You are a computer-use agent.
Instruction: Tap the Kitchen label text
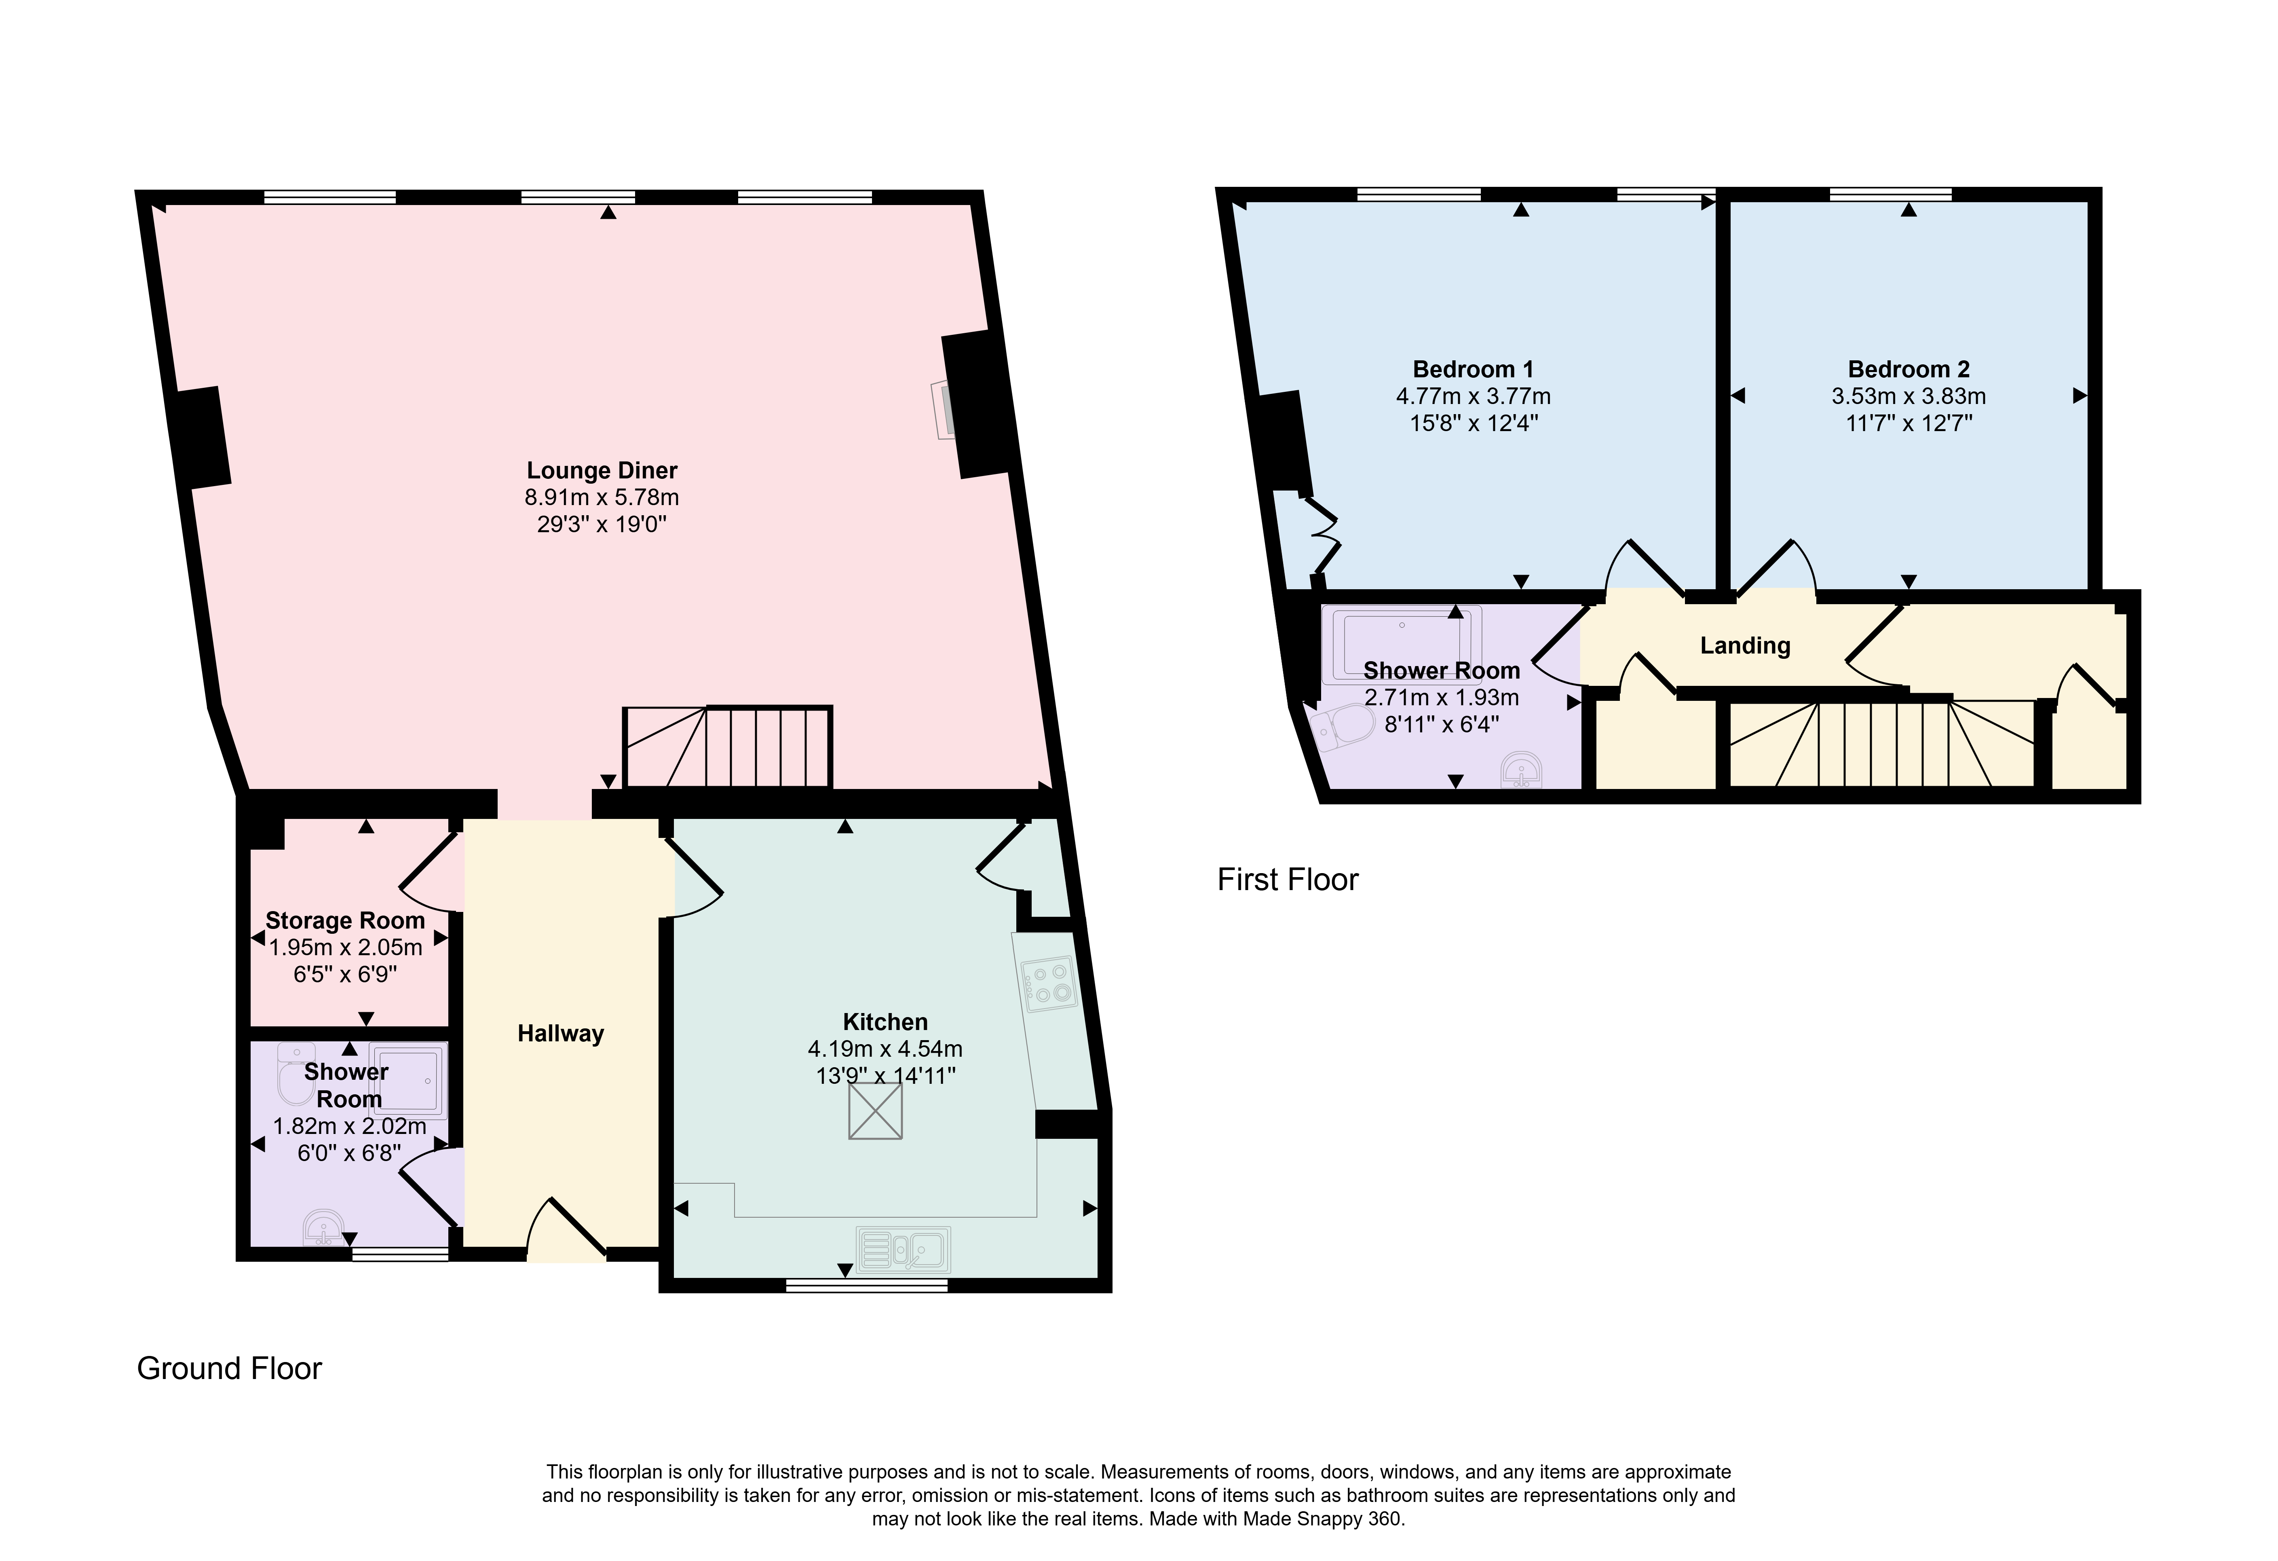tap(885, 1022)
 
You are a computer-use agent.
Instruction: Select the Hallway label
tap(561, 1034)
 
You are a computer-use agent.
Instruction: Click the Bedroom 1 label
tap(1473, 370)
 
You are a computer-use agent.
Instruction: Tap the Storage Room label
tap(345, 921)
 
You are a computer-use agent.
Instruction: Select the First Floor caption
tap(1288, 880)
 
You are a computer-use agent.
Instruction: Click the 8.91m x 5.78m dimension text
tap(602, 497)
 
